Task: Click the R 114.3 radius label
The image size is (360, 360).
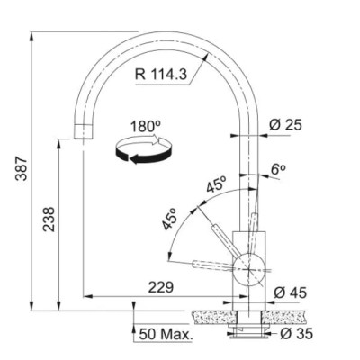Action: (x=161, y=74)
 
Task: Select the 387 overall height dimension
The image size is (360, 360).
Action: (x=22, y=168)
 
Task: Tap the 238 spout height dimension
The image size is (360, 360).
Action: (x=49, y=220)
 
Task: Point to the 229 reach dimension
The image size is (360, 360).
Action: (x=161, y=287)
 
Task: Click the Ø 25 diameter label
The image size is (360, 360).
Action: (x=285, y=125)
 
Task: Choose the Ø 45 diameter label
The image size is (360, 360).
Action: (x=291, y=292)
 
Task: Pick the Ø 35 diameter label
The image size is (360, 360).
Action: (x=296, y=333)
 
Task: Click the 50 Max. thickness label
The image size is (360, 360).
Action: (x=166, y=334)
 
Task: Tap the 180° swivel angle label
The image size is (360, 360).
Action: (x=146, y=127)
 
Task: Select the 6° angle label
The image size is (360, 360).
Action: (x=278, y=169)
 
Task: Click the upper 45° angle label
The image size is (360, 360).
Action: (x=216, y=184)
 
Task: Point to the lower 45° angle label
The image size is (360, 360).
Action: (x=169, y=220)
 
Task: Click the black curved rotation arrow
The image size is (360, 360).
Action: (x=144, y=156)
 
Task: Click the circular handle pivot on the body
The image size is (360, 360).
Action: (x=249, y=269)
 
